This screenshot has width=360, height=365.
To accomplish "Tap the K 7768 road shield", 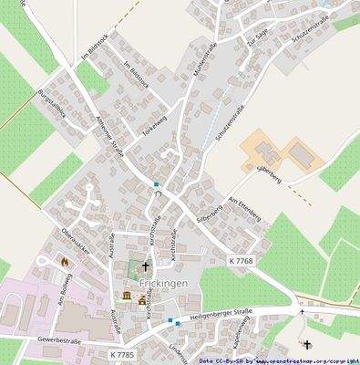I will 241,260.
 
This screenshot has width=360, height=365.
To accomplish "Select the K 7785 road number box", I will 121,353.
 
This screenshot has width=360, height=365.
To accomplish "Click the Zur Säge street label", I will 257,38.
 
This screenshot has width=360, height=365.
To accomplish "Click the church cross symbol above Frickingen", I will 144,268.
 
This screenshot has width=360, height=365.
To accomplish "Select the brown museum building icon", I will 128,297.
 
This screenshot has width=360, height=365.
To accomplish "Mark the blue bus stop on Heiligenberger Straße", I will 170,320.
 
